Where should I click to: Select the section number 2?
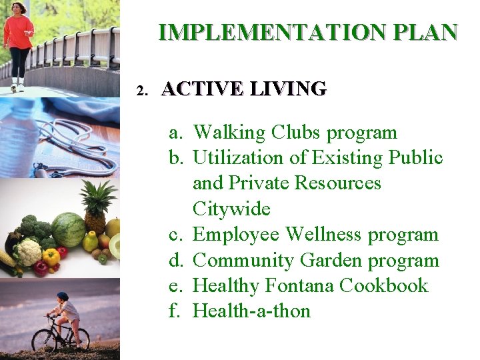pyautogui.click(x=140, y=90)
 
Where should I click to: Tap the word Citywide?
pyautogui.click(x=231, y=209)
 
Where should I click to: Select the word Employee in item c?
pyautogui.click(x=236, y=235)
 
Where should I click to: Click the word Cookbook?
pyautogui.click(x=383, y=285)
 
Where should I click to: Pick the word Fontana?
pyautogui.click(x=299, y=285)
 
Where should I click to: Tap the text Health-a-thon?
pyautogui.click(x=251, y=311)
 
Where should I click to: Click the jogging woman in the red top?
pyautogui.click(x=18, y=40)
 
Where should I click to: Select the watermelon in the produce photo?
pyautogui.click(x=68, y=230)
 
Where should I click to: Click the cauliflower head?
pyautogui.click(x=28, y=252)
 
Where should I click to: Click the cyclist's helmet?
pyautogui.click(x=62, y=296)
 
